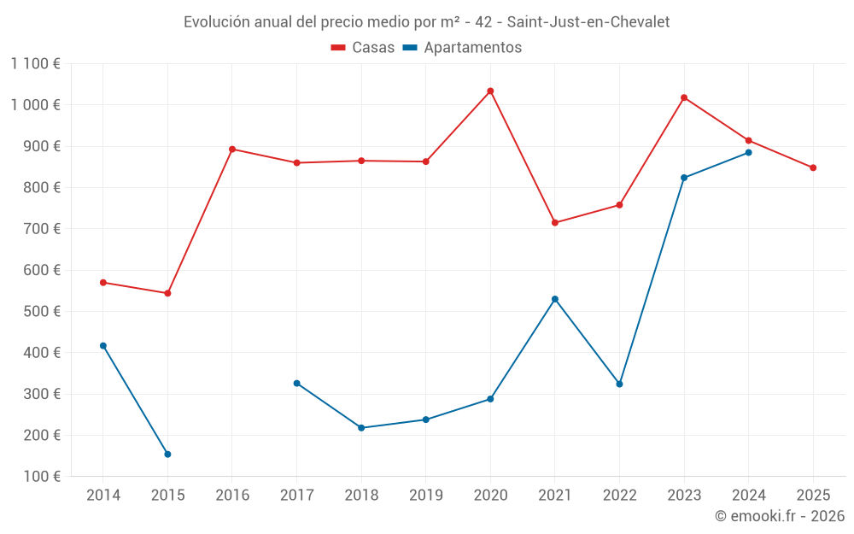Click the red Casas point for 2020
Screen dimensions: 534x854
(490, 91)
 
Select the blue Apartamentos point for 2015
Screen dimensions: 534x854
(167, 455)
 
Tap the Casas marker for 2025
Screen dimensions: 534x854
(813, 167)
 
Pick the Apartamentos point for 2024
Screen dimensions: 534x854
(749, 153)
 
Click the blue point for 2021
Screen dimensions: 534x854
(555, 299)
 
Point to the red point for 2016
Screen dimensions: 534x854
(232, 150)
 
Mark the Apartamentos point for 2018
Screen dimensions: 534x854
(361, 428)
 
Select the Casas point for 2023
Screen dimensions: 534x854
(684, 97)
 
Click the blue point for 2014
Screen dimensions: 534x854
(103, 346)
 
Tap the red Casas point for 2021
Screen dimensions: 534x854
(555, 223)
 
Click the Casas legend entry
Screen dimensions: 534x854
(363, 48)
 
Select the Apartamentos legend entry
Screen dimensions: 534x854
(462, 48)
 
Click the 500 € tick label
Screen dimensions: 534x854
(41, 311)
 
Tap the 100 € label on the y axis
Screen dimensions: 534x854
(41, 476)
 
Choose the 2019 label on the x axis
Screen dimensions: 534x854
(425, 495)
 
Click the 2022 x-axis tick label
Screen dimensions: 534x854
(619, 495)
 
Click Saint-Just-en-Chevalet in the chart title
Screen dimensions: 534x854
(588, 22)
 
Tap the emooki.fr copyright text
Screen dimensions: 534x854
(779, 516)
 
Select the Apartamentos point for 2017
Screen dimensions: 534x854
(296, 384)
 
